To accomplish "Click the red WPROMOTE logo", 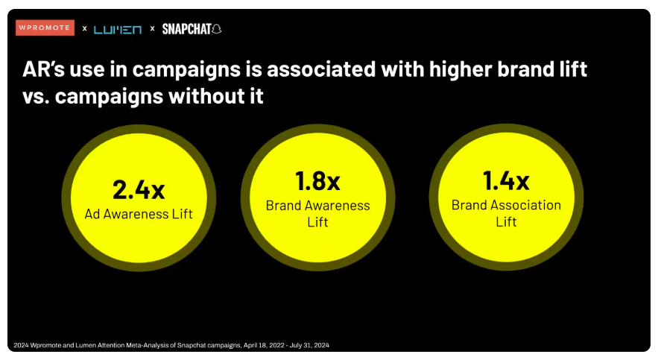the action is point(45,28).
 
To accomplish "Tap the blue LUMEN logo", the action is point(118,29).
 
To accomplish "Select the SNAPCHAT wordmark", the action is point(187,29).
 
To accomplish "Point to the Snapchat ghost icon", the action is point(217,29).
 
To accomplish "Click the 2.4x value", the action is point(139,189).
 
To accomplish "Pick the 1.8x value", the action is point(317,181).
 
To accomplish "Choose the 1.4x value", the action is point(506,180).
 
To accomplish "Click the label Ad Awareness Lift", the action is point(139,214).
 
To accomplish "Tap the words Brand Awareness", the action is point(317,206).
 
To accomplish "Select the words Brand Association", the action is point(506,205).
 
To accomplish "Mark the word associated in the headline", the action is point(321,69).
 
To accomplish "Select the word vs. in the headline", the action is point(35,98).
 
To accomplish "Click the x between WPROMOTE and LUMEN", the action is point(85,28).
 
